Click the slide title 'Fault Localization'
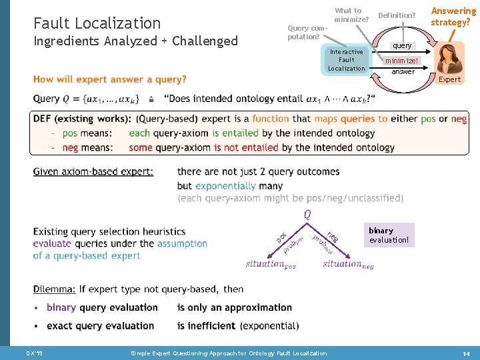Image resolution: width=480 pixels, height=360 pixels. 97,23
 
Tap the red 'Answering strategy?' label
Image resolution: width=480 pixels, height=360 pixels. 453,17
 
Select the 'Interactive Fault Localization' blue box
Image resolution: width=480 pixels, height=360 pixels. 346,60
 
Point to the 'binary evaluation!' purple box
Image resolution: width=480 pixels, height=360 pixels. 389,235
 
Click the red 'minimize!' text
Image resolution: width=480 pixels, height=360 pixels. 400,61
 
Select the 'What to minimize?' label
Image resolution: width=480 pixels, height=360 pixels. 351,15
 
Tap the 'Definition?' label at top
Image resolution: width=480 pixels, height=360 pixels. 397,15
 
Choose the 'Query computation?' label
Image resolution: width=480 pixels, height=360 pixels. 307,32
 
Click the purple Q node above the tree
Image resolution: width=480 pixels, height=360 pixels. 307,215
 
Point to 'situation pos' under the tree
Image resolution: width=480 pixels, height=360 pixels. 271,264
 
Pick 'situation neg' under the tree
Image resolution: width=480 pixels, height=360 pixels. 348,264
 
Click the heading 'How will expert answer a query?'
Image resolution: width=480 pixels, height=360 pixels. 110,79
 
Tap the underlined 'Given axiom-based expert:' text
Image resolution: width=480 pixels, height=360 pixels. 93,172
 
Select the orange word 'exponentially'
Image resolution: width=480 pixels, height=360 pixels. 225,186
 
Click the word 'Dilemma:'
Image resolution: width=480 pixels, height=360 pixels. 55,289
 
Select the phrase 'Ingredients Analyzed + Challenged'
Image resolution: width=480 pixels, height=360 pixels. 135,41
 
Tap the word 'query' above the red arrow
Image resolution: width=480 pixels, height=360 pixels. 402,46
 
